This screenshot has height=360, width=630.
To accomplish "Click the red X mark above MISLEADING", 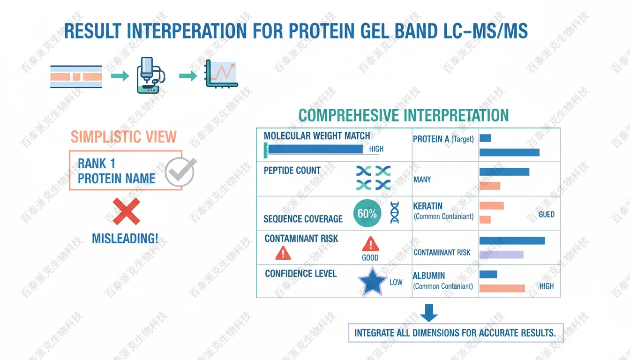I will tap(126, 211).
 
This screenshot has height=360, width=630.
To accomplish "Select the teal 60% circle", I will tap(367, 214).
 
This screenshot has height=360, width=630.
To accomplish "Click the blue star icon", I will tap(372, 281).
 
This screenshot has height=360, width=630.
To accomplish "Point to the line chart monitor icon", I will tap(222, 74).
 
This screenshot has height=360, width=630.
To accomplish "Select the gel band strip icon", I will tap(76, 77).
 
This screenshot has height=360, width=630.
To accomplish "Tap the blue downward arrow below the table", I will tap(428, 313).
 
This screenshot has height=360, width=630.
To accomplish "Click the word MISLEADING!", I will tap(125, 239).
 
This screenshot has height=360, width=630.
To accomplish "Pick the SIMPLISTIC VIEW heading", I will tap(124, 137).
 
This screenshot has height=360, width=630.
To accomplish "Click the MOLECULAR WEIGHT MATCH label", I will tap(317, 136).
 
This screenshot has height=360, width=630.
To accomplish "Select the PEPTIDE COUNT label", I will tap(292, 171).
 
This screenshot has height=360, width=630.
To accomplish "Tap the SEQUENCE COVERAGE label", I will tap(303, 219).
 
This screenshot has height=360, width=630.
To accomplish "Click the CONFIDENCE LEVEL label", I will tap(301, 274).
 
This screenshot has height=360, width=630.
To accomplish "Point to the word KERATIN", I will tap(427, 206).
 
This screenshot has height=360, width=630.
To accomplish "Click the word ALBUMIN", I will tap(429, 276).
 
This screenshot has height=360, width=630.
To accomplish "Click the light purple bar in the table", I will tap(501, 255).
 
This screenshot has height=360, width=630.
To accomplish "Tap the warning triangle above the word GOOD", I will tap(370, 244).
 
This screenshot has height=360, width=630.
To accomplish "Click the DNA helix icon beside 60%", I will tap(395, 212).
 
